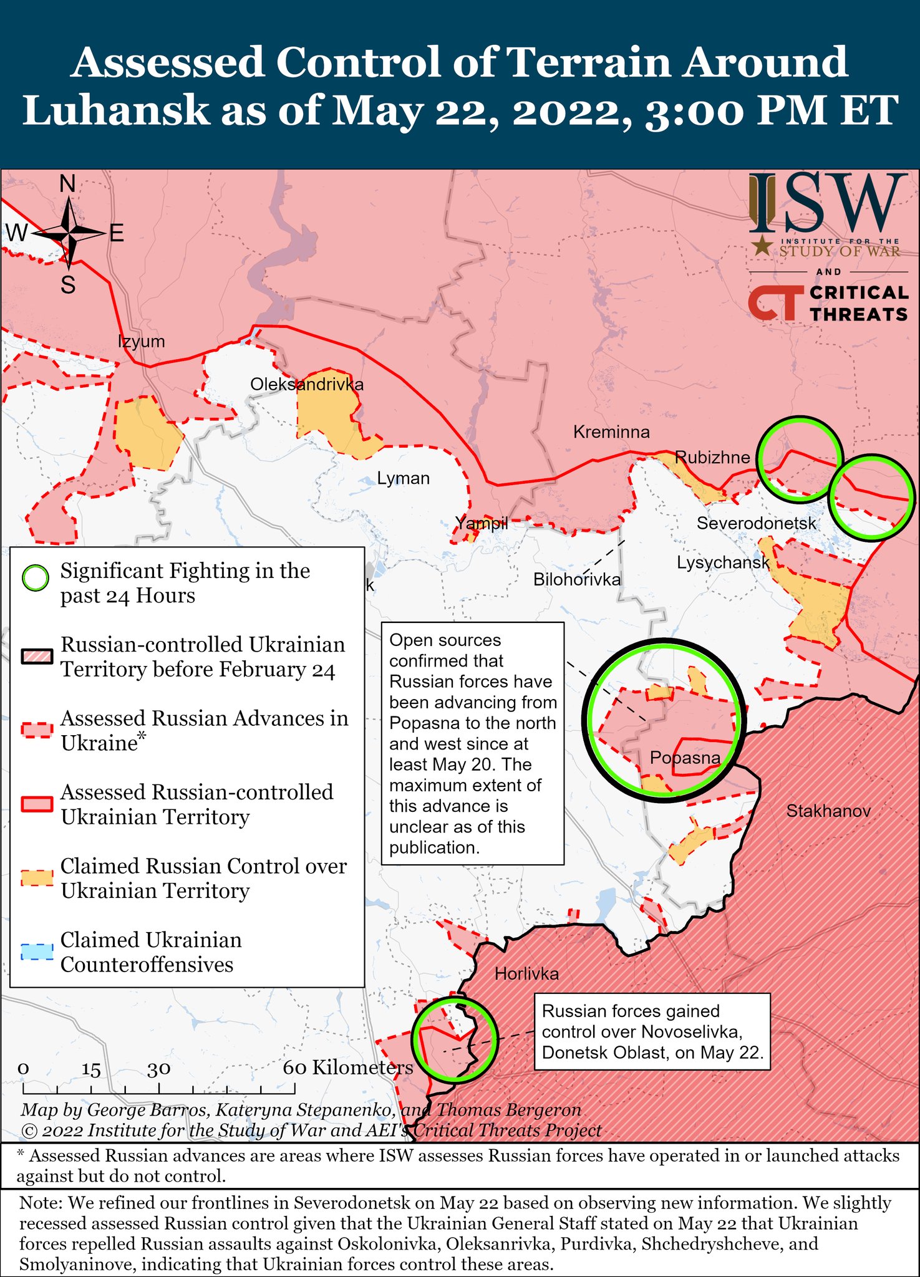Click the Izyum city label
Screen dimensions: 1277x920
(x=142, y=341)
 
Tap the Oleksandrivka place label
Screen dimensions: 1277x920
(x=306, y=384)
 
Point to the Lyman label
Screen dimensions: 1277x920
(x=403, y=478)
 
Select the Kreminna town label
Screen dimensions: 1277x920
(x=611, y=431)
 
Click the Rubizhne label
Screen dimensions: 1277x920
(x=712, y=457)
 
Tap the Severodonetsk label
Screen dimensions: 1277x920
(x=756, y=523)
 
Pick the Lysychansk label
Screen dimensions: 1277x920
(x=723, y=562)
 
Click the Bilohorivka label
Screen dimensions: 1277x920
(x=576, y=580)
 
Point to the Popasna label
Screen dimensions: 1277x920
(x=684, y=758)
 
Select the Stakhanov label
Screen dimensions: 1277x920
(x=828, y=811)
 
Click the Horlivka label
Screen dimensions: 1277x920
(x=526, y=973)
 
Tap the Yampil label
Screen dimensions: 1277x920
(x=481, y=523)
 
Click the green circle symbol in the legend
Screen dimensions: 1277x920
(x=35, y=578)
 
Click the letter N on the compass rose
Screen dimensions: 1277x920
(x=67, y=184)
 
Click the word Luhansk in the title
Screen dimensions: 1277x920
(x=115, y=110)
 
